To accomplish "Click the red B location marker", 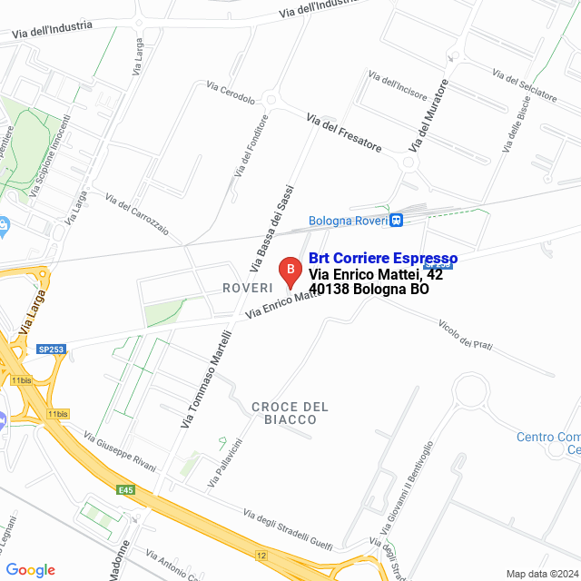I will [289, 271].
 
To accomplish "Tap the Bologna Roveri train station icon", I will [396, 220].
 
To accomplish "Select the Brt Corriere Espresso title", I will [383, 259].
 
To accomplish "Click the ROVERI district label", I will [248, 287].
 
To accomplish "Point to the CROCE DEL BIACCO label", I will [290, 413].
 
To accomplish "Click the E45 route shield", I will [125, 490].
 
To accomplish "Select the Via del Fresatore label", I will [344, 133].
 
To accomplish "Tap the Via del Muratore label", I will [429, 115].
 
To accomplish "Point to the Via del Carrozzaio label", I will [137, 214].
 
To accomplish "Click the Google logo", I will [30, 570].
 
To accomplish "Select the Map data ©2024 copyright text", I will [542, 574].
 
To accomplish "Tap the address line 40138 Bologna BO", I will [369, 290].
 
